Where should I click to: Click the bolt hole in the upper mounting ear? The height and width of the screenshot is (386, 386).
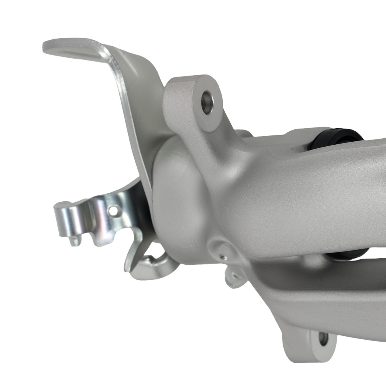click(x=207, y=102)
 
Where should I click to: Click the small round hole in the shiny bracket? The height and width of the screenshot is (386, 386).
click(x=114, y=211)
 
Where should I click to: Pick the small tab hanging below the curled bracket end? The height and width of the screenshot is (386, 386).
click(x=74, y=240)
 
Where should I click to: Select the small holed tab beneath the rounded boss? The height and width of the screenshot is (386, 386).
click(x=234, y=278)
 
